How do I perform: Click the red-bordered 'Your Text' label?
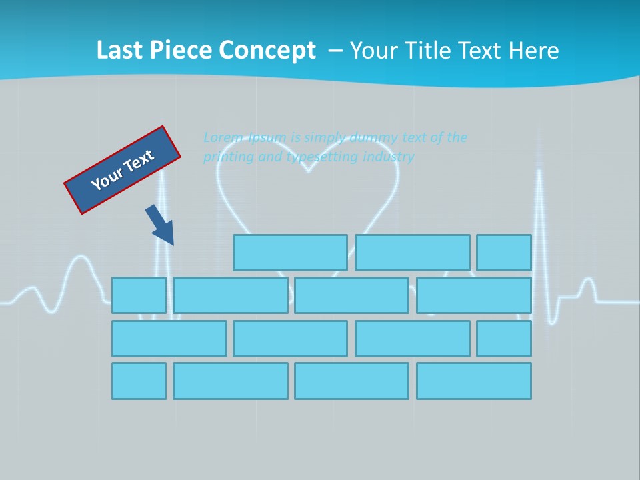(122, 170)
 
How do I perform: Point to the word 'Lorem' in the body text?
(223, 137)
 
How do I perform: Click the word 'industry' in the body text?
(388, 157)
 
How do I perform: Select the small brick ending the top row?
(503, 253)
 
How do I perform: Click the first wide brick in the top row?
(290, 253)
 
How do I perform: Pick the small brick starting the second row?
(139, 295)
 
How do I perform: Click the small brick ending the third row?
(503, 339)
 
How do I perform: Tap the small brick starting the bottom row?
(139, 381)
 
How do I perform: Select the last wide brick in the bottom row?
(473, 381)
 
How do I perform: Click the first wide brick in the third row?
(169, 339)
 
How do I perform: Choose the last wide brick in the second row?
(473, 295)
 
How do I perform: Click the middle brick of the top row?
(412, 253)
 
